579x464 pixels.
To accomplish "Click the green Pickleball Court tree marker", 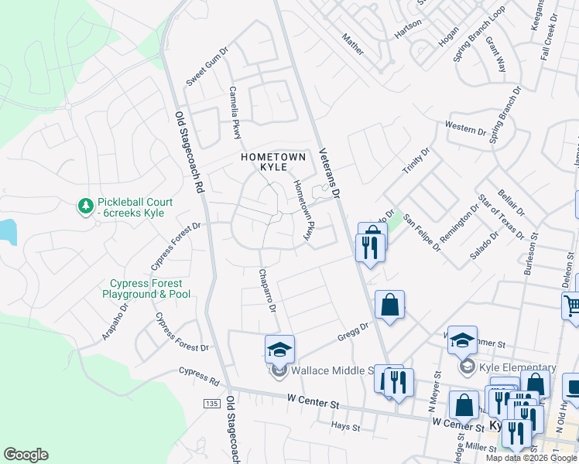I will [85, 206].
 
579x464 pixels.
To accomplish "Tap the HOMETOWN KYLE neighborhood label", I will [274, 162].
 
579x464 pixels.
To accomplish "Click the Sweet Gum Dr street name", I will [207, 67].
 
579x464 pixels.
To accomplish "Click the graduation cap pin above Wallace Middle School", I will [279, 349].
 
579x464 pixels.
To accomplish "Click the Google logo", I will [26, 455].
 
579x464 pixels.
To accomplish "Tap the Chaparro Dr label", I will [267, 291].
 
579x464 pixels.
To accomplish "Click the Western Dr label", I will [465, 128].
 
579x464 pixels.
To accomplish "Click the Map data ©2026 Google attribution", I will [531, 458].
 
